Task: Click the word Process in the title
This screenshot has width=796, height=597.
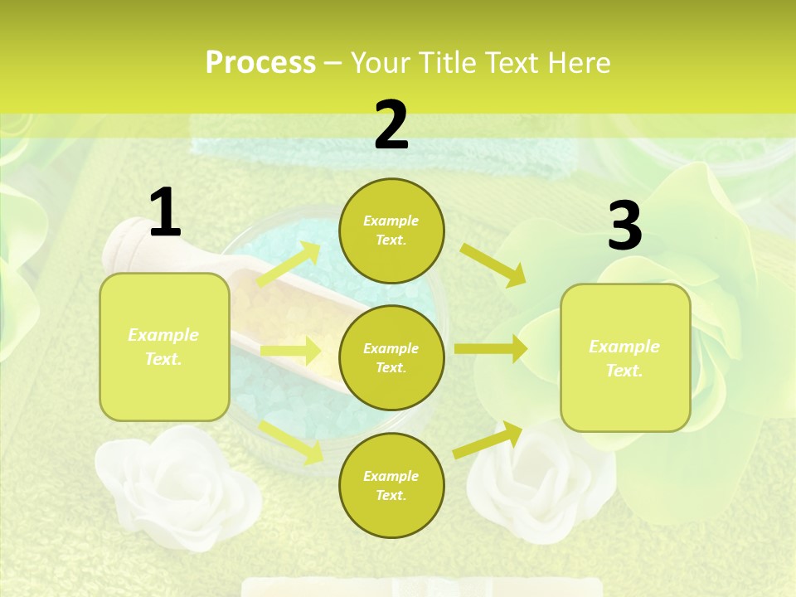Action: [x=260, y=63]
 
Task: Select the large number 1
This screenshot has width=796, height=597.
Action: [x=165, y=213]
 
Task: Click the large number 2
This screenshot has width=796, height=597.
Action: [x=391, y=125]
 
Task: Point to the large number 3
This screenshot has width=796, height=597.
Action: [x=624, y=226]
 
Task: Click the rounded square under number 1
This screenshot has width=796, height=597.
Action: [x=164, y=347]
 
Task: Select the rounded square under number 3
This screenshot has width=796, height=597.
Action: [x=625, y=357]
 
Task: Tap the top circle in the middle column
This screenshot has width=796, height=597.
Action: [x=391, y=231]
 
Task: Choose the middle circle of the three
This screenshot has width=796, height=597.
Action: [x=391, y=357]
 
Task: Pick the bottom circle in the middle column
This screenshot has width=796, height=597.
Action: [x=391, y=485]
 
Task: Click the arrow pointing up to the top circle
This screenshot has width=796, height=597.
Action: [x=289, y=265]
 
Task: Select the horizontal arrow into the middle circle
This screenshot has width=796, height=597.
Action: [x=290, y=350]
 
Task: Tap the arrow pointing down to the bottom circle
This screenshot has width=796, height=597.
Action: [x=291, y=440]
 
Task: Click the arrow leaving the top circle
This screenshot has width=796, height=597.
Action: [x=493, y=265]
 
